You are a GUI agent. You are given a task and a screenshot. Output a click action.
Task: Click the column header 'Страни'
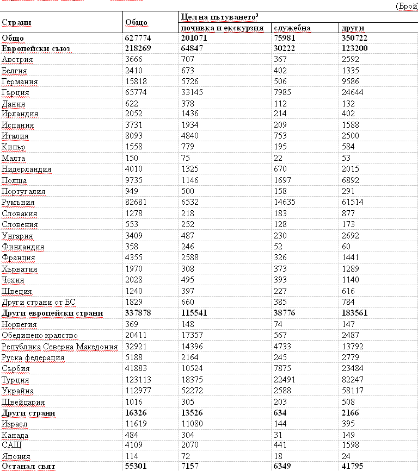tap(16, 23)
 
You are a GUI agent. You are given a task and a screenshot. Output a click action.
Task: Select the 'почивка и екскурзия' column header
tap(222, 28)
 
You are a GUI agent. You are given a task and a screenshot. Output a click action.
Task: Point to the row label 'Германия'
tap(20, 81)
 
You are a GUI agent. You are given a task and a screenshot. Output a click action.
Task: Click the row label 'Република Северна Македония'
tap(60, 347)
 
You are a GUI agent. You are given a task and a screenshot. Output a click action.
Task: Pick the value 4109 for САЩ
tap(134, 445)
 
